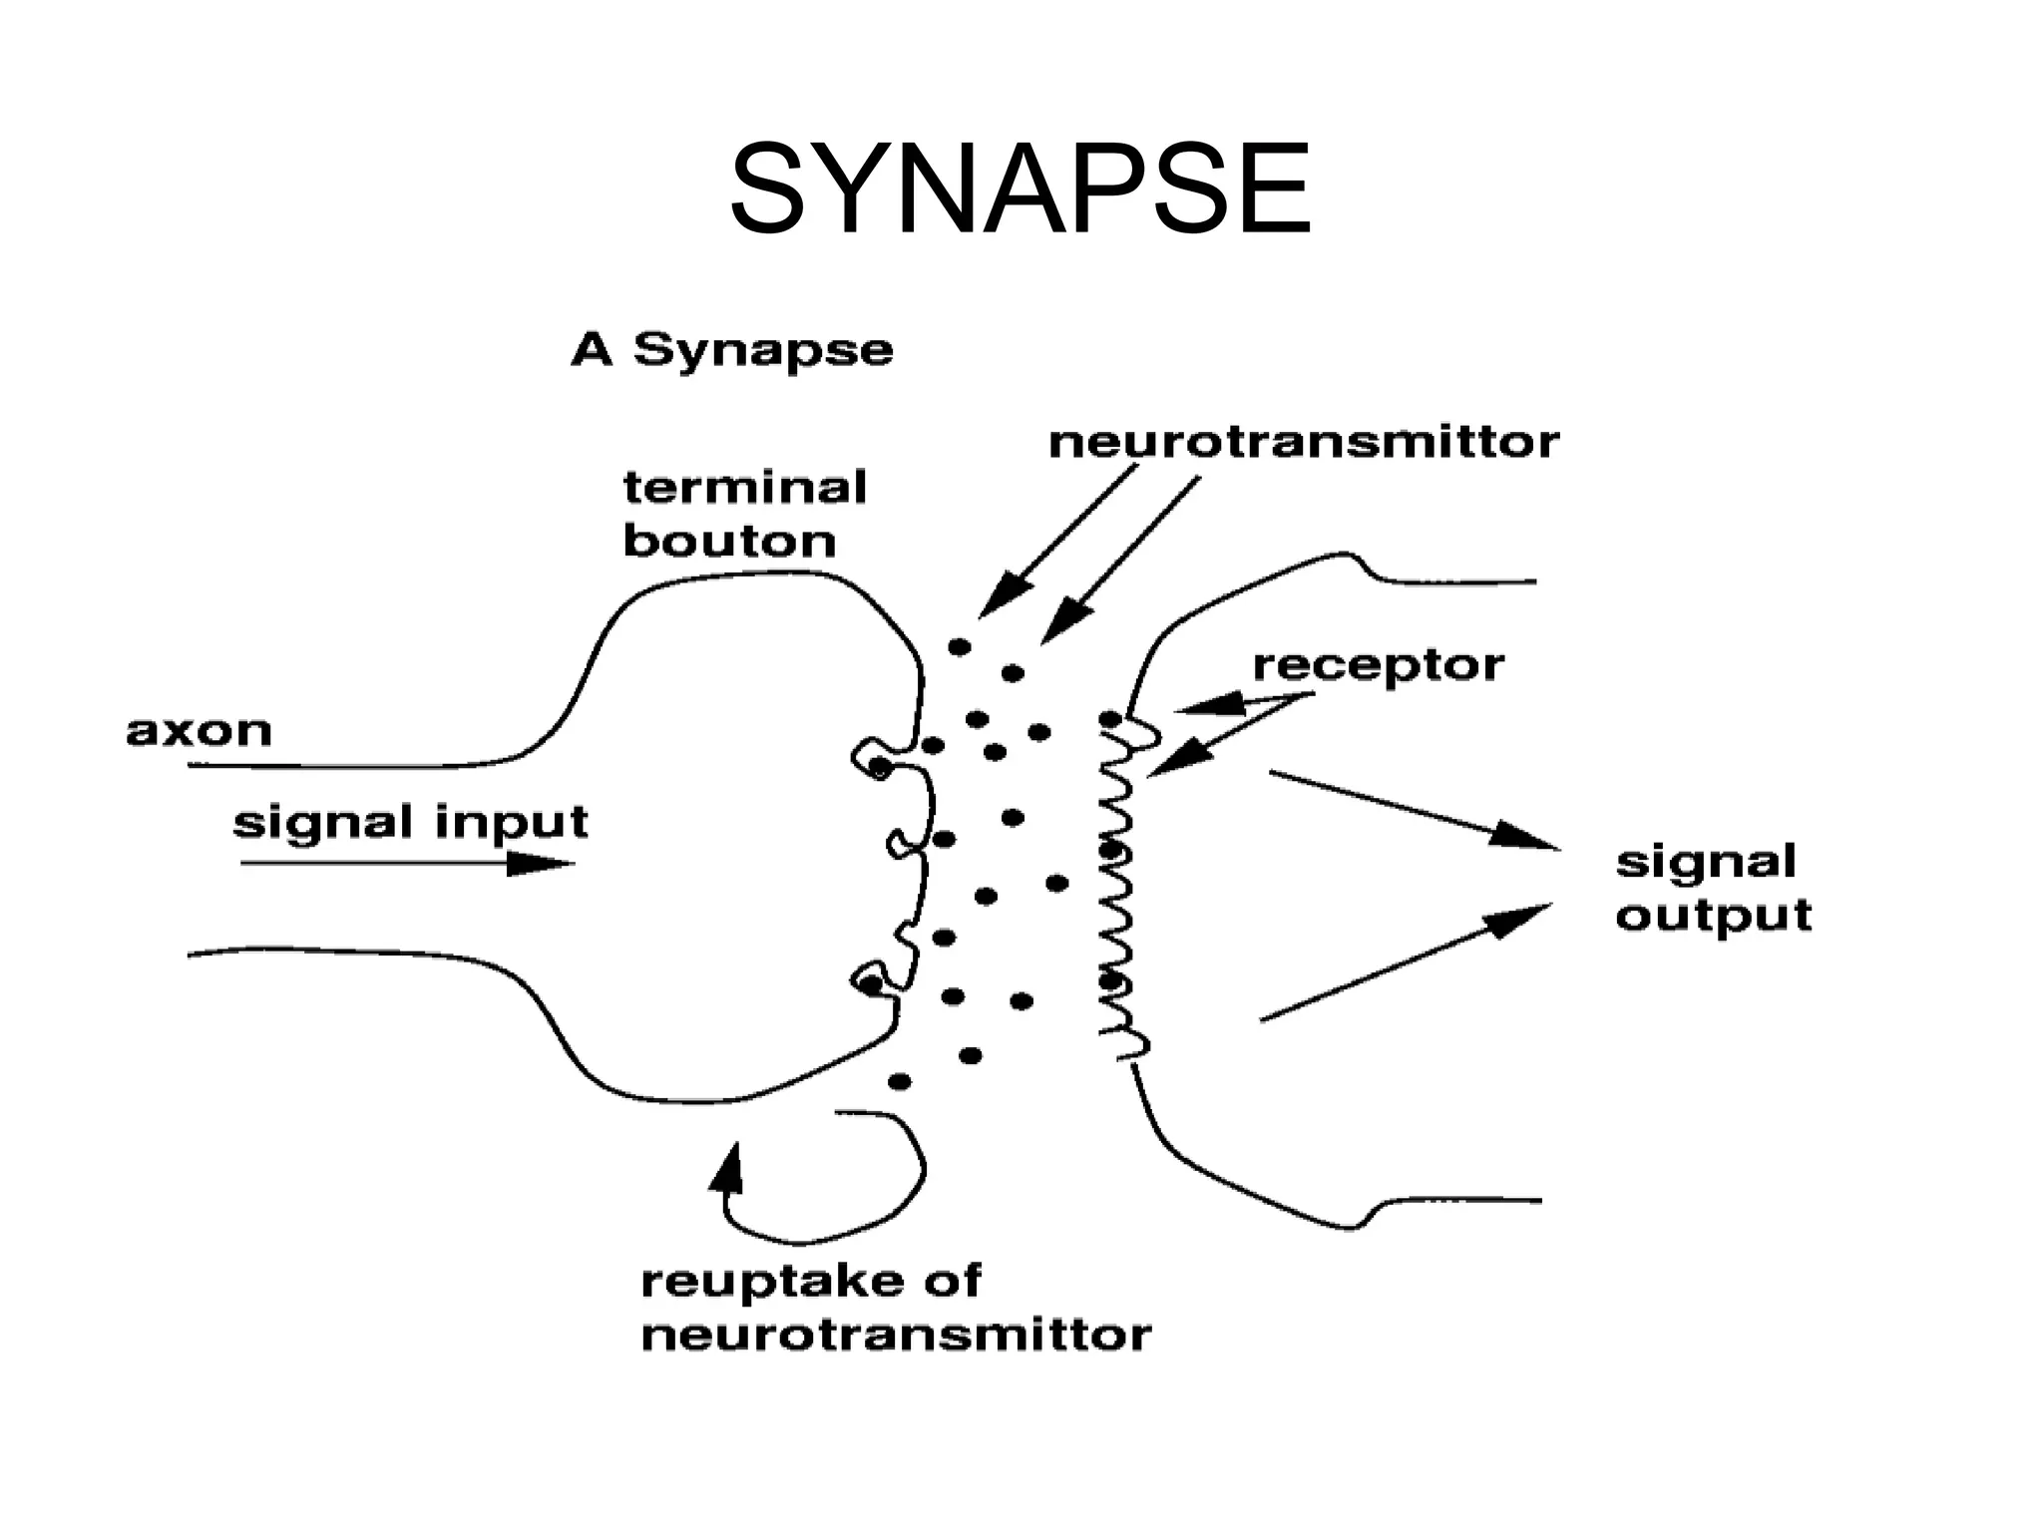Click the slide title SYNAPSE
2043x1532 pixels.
1020,190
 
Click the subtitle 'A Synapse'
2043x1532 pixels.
731,350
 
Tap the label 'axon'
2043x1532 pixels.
199,731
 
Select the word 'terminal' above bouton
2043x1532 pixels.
744,488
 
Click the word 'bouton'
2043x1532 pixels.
729,542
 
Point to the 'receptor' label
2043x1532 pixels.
1378,665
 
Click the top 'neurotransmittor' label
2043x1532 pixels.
1304,442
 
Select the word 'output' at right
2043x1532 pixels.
1713,916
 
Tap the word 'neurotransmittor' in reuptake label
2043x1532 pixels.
896,1335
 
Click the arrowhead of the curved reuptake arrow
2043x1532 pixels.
727,1167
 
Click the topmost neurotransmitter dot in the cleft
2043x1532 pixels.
959,647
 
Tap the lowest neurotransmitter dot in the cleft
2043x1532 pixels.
899,1081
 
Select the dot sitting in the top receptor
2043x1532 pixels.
1109,719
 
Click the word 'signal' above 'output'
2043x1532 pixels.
1706,862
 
